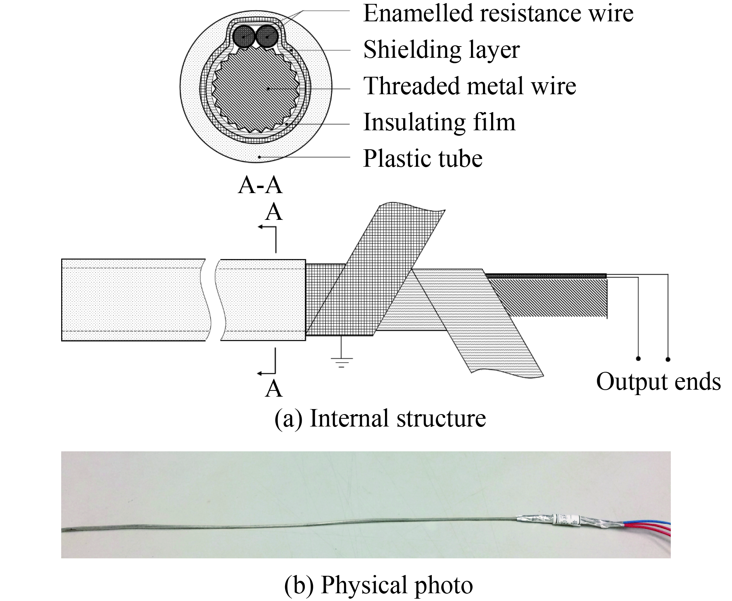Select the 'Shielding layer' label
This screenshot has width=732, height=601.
pos(441,50)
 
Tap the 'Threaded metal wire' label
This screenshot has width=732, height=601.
pos(470,86)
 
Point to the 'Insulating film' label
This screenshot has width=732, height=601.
pos(439,122)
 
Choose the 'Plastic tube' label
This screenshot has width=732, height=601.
pos(423,158)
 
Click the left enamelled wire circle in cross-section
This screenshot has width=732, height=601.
pos(244,37)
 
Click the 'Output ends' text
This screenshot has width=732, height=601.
pos(658,382)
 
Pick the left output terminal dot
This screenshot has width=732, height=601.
pos(638,359)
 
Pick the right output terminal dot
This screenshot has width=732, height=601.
pos(668,359)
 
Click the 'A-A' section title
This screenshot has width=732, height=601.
pos(260,185)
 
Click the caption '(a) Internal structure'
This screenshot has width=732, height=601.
pos(380,419)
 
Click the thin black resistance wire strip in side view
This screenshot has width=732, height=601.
pos(546,276)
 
